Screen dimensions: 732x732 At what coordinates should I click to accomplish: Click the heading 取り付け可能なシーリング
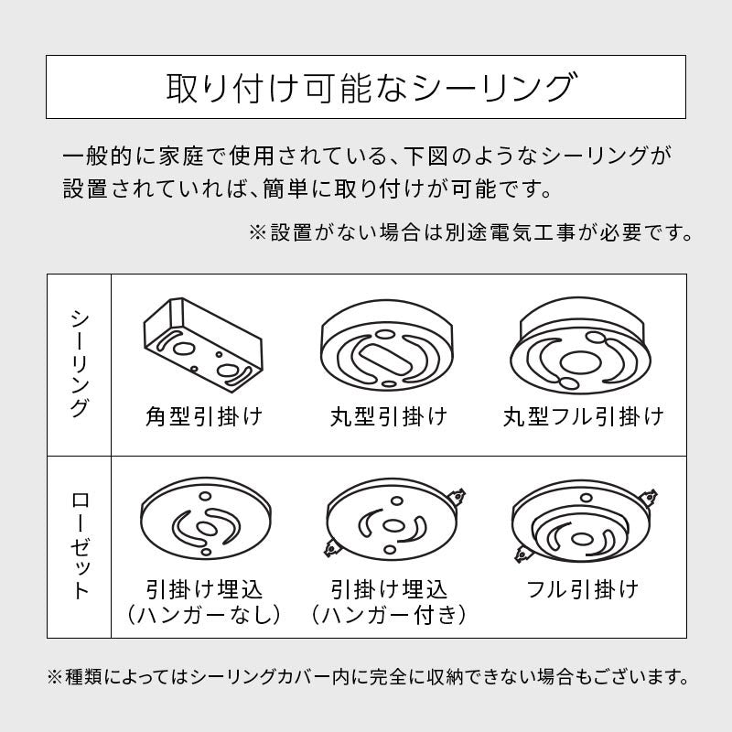point(371,87)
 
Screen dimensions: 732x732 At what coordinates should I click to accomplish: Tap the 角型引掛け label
point(204,416)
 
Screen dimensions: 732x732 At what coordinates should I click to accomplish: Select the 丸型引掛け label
point(388,416)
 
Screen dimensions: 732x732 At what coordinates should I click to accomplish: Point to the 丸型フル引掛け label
point(583,416)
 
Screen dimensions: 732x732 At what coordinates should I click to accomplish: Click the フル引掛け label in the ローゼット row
point(582,588)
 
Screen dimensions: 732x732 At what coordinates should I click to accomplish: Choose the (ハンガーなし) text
point(204,614)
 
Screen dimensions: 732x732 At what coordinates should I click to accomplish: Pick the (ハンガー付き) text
point(388,614)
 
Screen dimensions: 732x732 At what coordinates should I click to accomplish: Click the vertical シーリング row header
point(80,364)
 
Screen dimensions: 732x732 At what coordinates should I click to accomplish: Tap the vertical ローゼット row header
point(80,546)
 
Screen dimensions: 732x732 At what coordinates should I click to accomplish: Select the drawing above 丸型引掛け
point(386,346)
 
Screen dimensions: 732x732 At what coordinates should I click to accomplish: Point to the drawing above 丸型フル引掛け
point(581,347)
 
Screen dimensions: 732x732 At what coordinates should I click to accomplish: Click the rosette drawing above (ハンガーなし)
point(205,518)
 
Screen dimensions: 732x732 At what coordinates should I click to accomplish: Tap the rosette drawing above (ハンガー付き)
point(393,519)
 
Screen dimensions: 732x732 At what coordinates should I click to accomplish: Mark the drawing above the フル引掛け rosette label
point(585,522)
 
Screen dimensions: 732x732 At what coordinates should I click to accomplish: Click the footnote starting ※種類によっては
point(368,676)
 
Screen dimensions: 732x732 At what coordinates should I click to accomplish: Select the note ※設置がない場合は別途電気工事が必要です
point(470,232)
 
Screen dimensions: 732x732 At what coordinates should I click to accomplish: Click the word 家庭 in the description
point(181,156)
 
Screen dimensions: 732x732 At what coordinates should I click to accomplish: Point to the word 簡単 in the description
point(285,189)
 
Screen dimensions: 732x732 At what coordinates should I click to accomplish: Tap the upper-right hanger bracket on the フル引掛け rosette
point(650,497)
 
